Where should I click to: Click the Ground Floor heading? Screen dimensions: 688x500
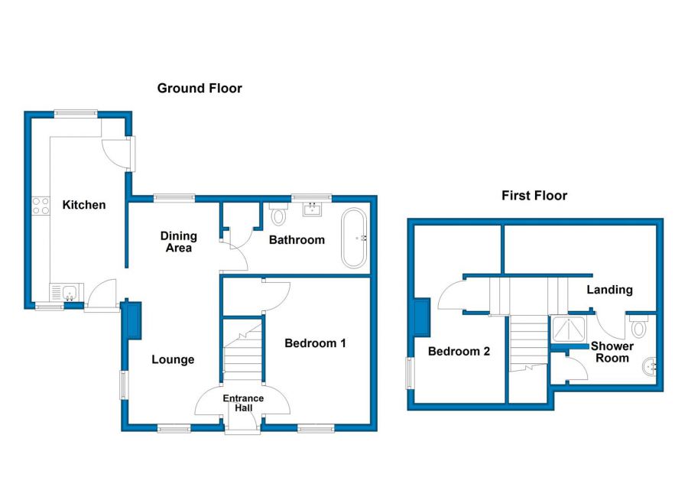click(x=200, y=88)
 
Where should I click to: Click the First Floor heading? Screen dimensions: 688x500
click(x=534, y=196)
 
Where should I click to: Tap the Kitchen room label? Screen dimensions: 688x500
click(x=84, y=205)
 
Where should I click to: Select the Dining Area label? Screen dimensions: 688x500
click(x=179, y=242)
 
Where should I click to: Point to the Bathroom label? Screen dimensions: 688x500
click(x=297, y=240)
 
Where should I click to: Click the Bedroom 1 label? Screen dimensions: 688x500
click(x=315, y=343)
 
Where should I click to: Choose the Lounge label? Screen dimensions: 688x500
click(x=173, y=359)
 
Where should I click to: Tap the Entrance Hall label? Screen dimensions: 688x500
click(x=243, y=403)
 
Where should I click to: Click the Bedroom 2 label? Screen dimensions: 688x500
click(x=459, y=351)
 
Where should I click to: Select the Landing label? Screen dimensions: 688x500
click(x=609, y=289)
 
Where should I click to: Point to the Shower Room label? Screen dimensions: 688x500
click(x=612, y=352)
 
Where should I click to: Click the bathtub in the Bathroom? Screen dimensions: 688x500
click(x=354, y=238)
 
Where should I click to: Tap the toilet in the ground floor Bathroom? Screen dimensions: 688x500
click(x=278, y=213)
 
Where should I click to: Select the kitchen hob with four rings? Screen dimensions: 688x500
click(x=41, y=206)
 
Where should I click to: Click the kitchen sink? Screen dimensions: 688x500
click(x=67, y=292)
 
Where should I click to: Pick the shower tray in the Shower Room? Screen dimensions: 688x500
click(x=569, y=329)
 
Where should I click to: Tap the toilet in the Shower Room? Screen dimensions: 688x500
click(x=639, y=325)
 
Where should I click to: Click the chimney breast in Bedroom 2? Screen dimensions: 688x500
click(x=422, y=317)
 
